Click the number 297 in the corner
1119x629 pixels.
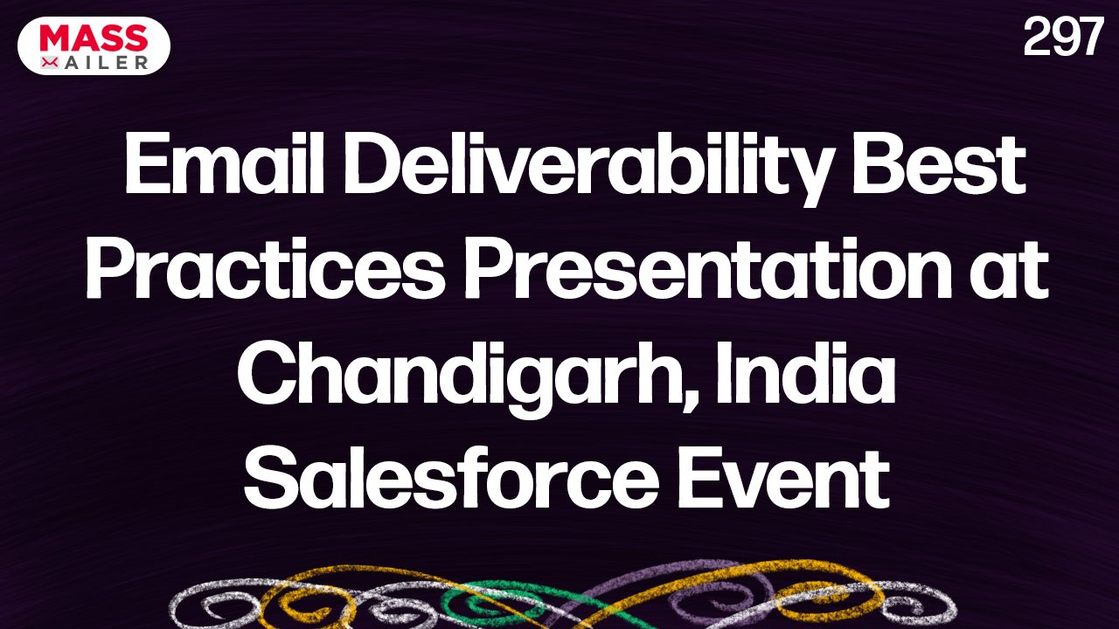tap(1063, 37)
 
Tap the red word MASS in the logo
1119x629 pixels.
tap(94, 38)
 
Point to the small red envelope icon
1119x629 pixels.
tap(50, 62)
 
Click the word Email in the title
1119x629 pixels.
tap(225, 163)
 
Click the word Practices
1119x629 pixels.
tap(266, 270)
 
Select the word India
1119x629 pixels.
tap(805, 373)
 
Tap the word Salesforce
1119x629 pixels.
tap(450, 477)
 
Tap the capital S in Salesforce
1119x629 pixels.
tap(273, 477)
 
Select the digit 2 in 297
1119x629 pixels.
tap(1036, 37)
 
